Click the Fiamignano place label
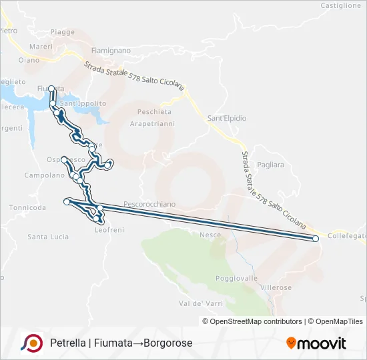(x=111, y=51)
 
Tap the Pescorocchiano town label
(x=149, y=204)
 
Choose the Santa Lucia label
(x=48, y=237)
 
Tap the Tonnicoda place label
(x=27, y=207)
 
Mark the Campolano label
(x=43, y=175)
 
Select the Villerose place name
(x=276, y=287)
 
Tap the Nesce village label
(x=210, y=234)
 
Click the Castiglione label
(x=340, y=5)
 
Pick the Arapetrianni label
(x=152, y=124)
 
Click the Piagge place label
(x=62, y=32)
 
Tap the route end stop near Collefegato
(x=316, y=238)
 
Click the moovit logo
(x=316, y=343)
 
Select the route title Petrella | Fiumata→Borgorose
(x=121, y=343)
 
